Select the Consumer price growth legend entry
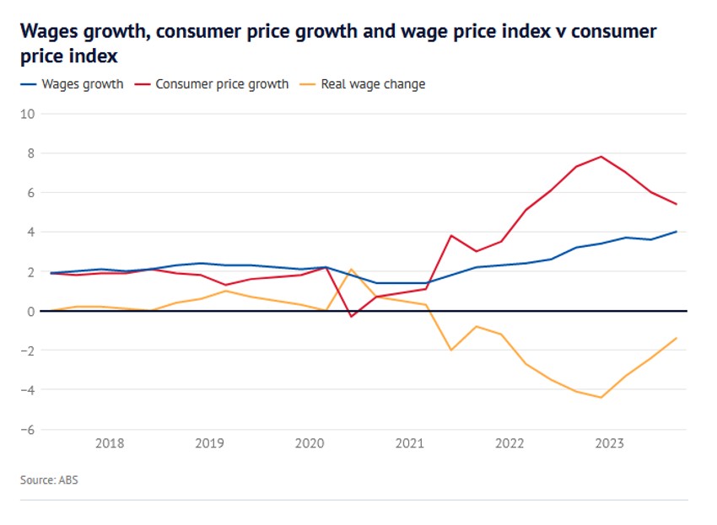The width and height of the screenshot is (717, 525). [x=222, y=84]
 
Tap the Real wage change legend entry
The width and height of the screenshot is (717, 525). [x=373, y=84]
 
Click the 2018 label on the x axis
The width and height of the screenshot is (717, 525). [x=110, y=443]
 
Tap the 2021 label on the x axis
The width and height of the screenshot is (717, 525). [x=409, y=443]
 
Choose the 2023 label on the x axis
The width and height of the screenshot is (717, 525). [x=609, y=443]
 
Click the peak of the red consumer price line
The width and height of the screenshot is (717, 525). [x=601, y=156]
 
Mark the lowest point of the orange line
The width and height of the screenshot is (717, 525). [x=601, y=397]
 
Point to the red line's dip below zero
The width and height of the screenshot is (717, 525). [x=352, y=316]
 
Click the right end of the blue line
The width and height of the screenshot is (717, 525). [x=677, y=232]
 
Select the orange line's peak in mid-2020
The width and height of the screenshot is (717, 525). [x=351, y=270]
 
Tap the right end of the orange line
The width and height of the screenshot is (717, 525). [x=677, y=338]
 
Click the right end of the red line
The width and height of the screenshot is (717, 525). [x=677, y=204]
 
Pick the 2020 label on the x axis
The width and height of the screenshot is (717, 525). [x=310, y=443]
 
